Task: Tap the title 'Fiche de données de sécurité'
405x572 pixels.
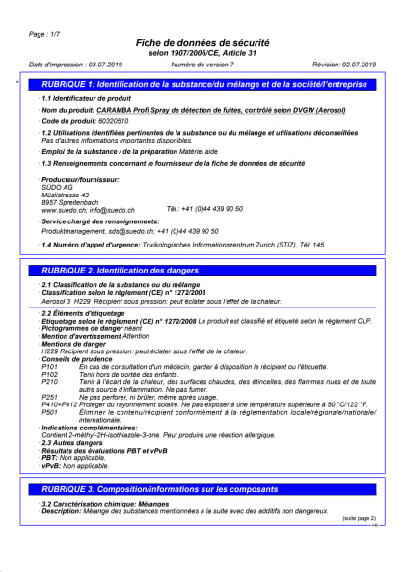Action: [x=202, y=44]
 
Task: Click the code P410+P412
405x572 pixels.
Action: [x=59, y=404]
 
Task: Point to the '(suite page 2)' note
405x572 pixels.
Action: [x=359, y=518]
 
